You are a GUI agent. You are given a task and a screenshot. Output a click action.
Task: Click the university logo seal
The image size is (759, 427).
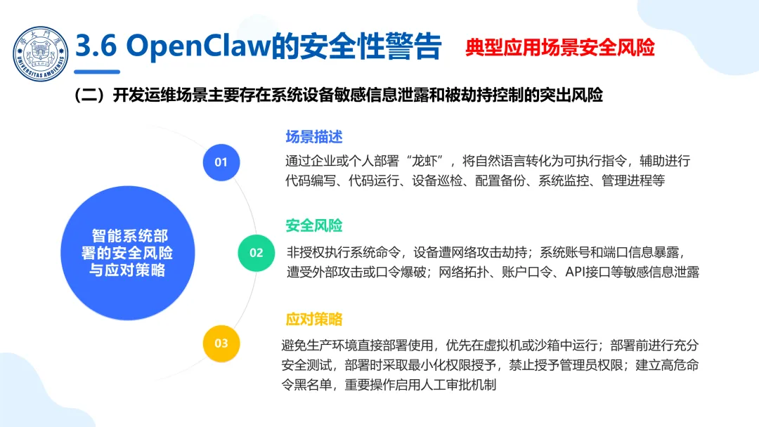(40, 51)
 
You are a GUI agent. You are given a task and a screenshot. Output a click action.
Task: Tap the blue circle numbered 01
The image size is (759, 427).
(221, 162)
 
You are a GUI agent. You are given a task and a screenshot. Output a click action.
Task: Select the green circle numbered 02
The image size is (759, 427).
(256, 253)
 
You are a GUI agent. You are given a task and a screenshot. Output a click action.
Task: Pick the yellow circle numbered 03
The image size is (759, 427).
(221, 343)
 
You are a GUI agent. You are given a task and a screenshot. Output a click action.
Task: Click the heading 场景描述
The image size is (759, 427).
(313, 136)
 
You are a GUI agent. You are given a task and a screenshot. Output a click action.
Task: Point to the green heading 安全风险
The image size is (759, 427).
(313, 226)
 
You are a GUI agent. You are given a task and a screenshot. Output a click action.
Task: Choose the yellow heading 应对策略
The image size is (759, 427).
(313, 318)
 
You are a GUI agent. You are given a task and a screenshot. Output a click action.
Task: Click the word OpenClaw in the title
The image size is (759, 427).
(204, 47)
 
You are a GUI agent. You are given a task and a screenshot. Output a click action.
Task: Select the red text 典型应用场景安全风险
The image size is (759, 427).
(559, 47)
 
